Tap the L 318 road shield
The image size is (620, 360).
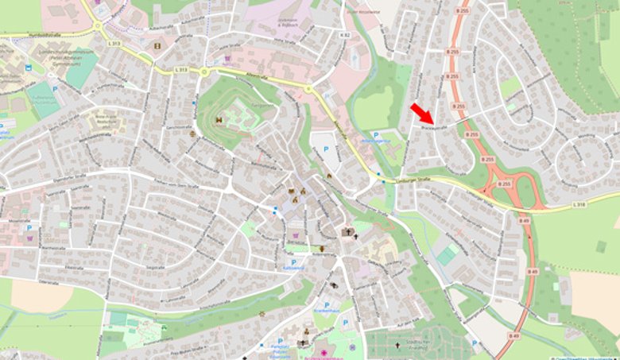tap(578, 205)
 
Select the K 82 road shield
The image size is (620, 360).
tap(344, 36)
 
